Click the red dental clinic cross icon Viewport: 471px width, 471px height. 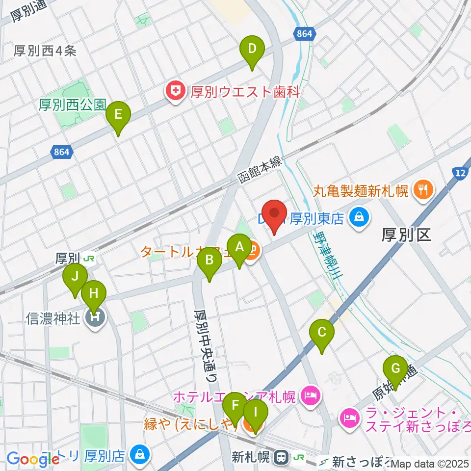coord(174,91)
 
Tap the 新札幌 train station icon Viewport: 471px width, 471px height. coord(282,458)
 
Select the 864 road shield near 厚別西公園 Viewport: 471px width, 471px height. coord(62,153)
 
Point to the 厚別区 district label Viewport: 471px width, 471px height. coord(406,236)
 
